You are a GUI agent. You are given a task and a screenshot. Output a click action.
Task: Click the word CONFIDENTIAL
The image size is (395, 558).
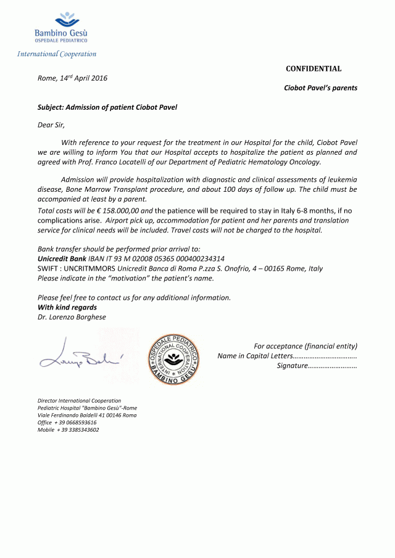[314, 69]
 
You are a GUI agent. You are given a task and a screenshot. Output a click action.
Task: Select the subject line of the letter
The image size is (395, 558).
[107, 107]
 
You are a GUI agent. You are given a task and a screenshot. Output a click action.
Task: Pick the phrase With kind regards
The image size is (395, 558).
[67, 307]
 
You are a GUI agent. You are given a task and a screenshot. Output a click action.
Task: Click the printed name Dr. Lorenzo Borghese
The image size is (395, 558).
[72, 317]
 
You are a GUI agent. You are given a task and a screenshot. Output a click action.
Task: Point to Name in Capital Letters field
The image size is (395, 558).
[288, 356]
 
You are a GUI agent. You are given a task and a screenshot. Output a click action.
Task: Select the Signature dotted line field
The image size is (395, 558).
[317, 366]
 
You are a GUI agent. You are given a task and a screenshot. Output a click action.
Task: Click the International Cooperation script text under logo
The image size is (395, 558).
[57, 54]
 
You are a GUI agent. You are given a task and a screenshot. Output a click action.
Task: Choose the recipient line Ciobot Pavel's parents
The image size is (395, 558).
[320, 88]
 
